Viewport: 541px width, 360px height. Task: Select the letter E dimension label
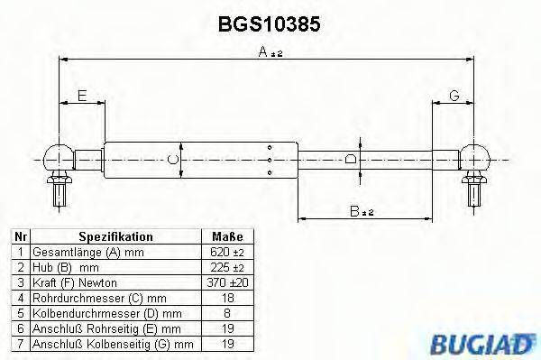click(82, 96)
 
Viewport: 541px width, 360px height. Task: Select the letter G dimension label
click(454, 96)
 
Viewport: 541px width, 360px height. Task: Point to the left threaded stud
click(59, 190)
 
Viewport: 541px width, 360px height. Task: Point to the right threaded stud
click(473, 190)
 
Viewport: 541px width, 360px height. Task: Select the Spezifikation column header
click(115, 237)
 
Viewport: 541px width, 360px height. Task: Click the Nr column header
click(19, 237)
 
